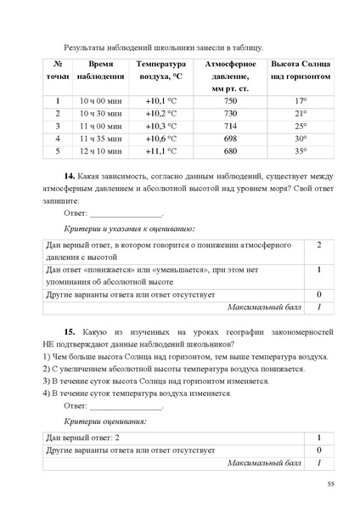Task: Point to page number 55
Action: (330, 484)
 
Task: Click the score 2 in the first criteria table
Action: (318, 246)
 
